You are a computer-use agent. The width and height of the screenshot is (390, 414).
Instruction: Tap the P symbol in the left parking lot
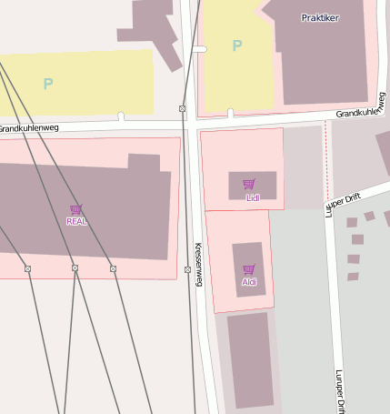[x=47, y=84]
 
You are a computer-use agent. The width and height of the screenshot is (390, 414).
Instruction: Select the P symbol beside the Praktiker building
[x=237, y=45]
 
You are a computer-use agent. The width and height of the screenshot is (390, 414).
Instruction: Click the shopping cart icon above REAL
[x=75, y=209]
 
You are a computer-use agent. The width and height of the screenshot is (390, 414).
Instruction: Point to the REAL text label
[x=76, y=221]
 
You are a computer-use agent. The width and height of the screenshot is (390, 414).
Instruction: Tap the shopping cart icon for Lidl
[x=249, y=184]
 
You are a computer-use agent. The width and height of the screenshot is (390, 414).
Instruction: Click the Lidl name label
[x=253, y=197]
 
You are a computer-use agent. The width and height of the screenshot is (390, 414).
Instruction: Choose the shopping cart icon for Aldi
[x=248, y=269]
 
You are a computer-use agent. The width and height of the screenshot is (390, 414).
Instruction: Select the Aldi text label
[x=249, y=282]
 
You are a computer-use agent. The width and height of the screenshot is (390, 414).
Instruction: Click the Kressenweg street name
[x=198, y=265]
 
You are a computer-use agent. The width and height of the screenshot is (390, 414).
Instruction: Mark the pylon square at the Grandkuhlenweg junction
[x=183, y=109]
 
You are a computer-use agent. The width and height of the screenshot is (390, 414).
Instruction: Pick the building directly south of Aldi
[x=250, y=359]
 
